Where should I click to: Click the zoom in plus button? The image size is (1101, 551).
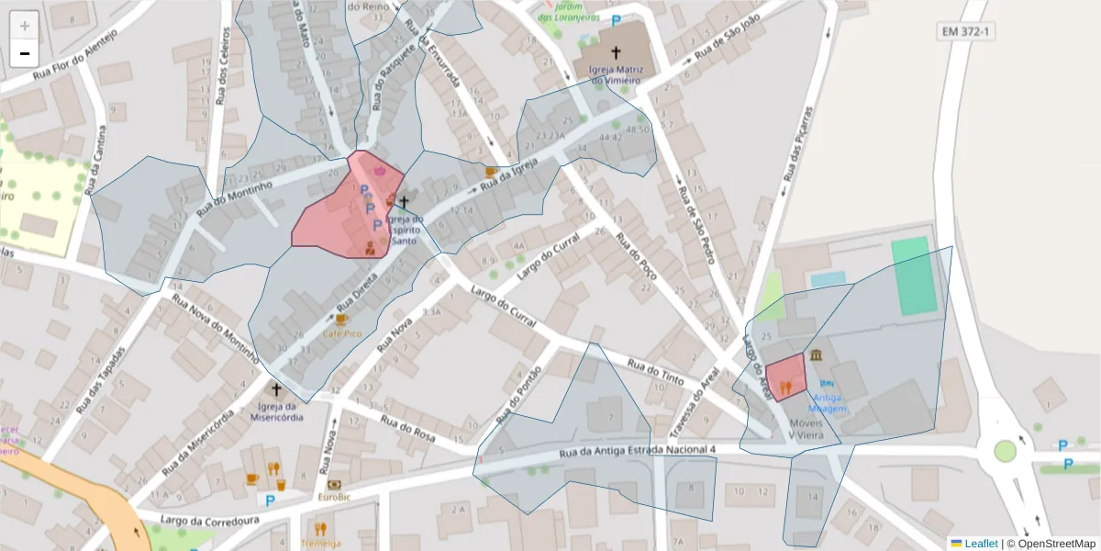tap(25, 26)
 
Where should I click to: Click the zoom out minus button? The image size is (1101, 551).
tap(25, 52)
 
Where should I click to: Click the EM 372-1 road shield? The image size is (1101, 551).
tap(968, 32)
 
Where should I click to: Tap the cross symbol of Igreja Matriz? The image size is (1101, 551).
tap(615, 54)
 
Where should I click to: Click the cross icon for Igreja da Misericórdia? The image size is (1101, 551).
tap(276, 389)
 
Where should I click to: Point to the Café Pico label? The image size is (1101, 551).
tap(341, 335)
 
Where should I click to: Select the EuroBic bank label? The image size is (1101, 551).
tap(334, 497)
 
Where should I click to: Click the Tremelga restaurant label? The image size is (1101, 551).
tap(320, 543)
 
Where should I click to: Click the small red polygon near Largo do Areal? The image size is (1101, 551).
tap(786, 376)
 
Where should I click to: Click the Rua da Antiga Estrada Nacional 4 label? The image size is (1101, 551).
tap(637, 451)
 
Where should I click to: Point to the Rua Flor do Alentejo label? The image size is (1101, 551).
tap(75, 57)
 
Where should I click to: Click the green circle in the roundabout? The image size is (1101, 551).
tap(1006, 451)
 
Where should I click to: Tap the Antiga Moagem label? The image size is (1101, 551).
tap(828, 403)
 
